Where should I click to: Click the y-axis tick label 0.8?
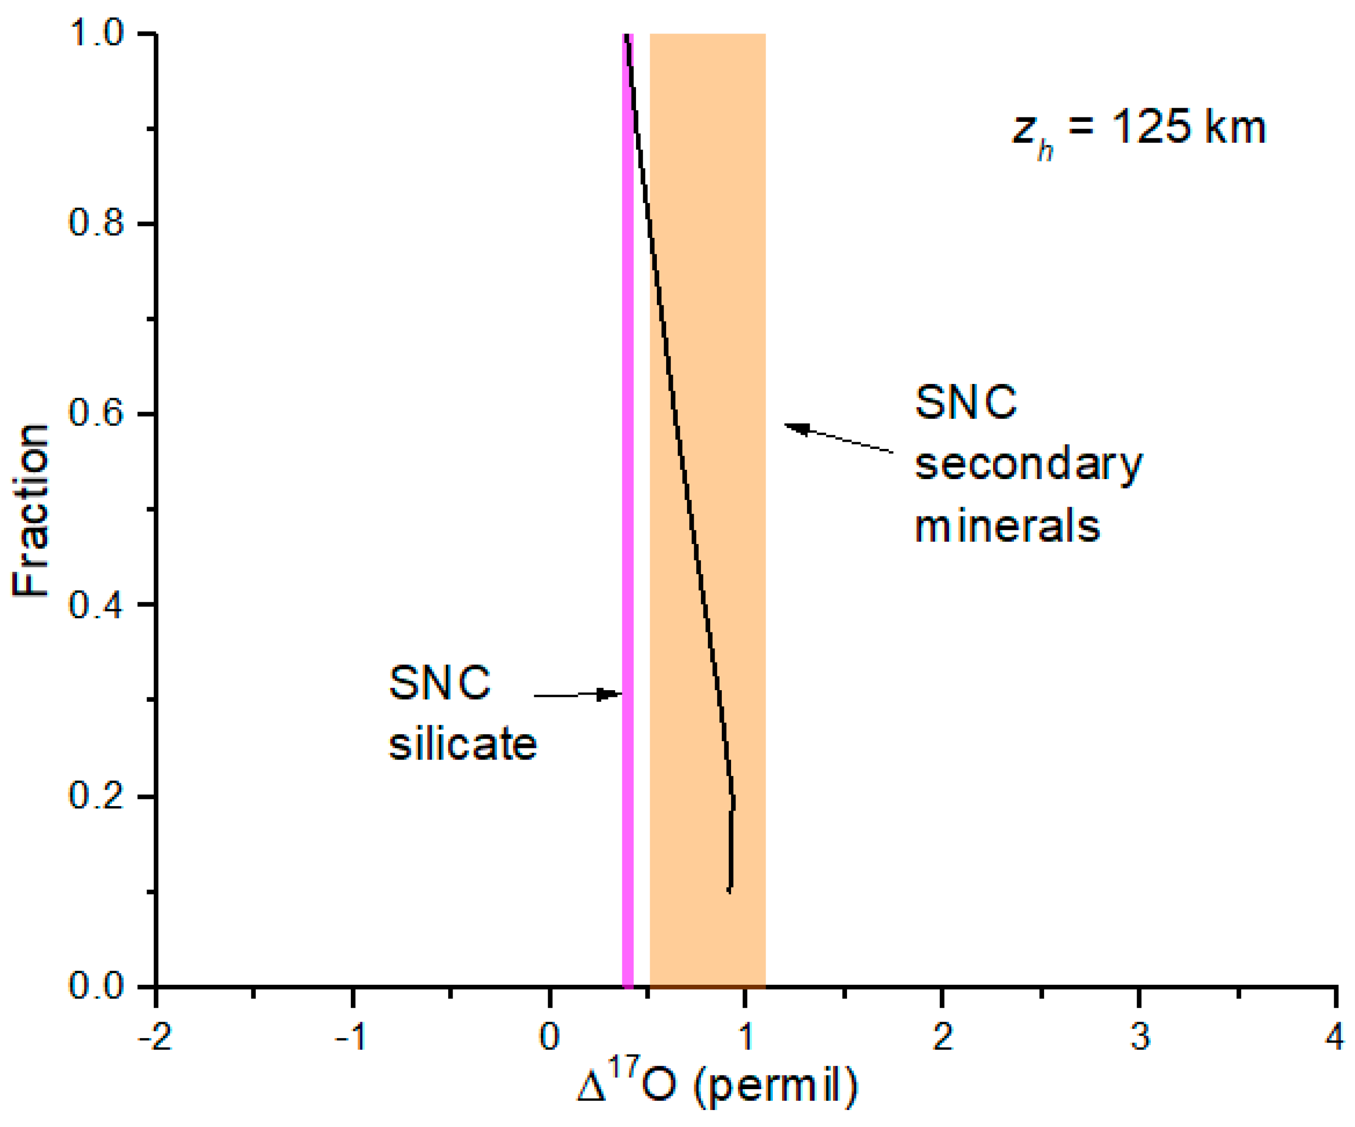(96, 223)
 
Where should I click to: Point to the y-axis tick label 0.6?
(96, 413)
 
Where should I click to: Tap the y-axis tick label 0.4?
(96, 605)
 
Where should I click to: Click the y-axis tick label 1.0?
(96, 33)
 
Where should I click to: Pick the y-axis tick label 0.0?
(96, 987)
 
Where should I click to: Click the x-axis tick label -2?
(155, 1038)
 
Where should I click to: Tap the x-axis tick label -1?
(352, 1038)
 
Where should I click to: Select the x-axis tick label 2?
(943, 1038)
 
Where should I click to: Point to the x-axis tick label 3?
(1140, 1038)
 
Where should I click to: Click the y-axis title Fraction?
(31, 510)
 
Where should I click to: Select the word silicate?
(462, 744)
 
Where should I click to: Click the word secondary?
(1028, 465)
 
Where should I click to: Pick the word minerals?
(1007, 526)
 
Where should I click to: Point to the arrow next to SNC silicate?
(577, 695)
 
